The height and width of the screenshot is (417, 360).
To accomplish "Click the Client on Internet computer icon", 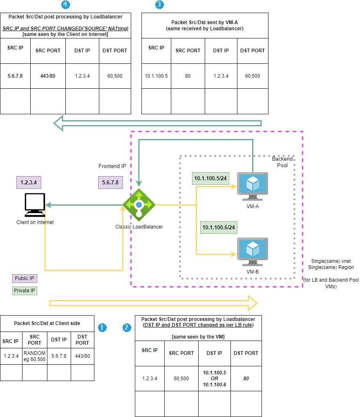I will click(x=35, y=205).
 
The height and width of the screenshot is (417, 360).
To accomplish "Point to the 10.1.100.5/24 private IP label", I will click(x=210, y=178).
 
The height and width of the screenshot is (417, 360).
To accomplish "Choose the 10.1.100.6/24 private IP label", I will click(x=219, y=227).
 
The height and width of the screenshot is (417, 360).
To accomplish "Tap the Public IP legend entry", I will click(x=24, y=278).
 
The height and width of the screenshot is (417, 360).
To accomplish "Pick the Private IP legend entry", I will click(x=25, y=291).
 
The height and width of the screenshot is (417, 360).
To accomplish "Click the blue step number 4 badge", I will click(x=65, y=4).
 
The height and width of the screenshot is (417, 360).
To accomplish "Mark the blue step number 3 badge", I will click(x=159, y=4).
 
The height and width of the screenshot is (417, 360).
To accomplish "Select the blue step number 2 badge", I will click(x=127, y=327).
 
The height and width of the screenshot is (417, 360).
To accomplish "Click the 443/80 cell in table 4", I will click(x=48, y=76).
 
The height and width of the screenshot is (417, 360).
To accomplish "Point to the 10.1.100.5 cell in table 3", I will click(x=156, y=76).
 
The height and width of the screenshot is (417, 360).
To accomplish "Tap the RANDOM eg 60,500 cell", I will click(x=35, y=356).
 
